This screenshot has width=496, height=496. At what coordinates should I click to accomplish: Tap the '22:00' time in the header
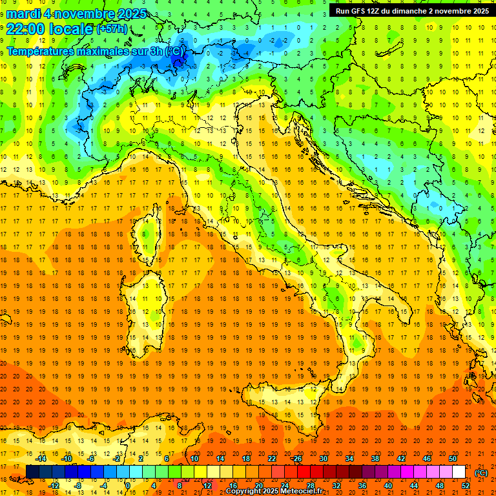tap(25, 28)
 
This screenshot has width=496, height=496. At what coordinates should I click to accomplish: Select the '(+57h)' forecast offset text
tap(112, 29)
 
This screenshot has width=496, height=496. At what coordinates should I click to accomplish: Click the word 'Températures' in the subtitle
tap(43, 50)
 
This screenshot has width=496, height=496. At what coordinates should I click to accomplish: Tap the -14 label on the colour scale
tap(43, 459)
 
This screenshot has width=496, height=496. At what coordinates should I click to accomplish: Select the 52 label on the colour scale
tap(466, 486)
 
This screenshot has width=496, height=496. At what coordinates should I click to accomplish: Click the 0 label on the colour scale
tap(127, 486)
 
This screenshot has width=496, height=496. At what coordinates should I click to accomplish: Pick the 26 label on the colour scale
tap(296, 459)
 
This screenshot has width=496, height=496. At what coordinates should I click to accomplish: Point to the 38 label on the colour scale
tap(375, 459)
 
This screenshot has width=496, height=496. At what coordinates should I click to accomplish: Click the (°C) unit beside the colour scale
tap(481, 473)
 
